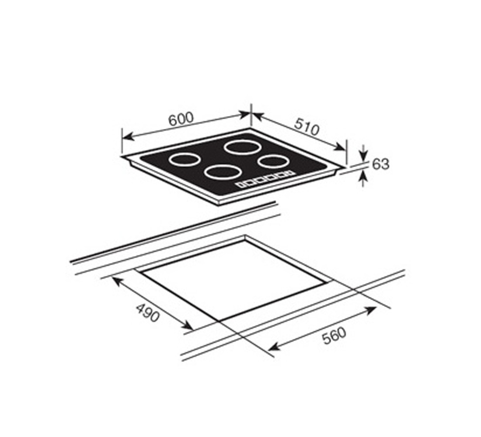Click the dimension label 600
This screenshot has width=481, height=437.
[181, 119]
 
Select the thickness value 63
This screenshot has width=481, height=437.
[380, 164]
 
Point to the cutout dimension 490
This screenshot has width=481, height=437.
[147, 312]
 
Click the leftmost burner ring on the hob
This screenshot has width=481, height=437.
[185, 160]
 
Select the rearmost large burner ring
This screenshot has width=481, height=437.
[243, 146]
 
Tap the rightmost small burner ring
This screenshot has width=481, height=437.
[273, 161]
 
